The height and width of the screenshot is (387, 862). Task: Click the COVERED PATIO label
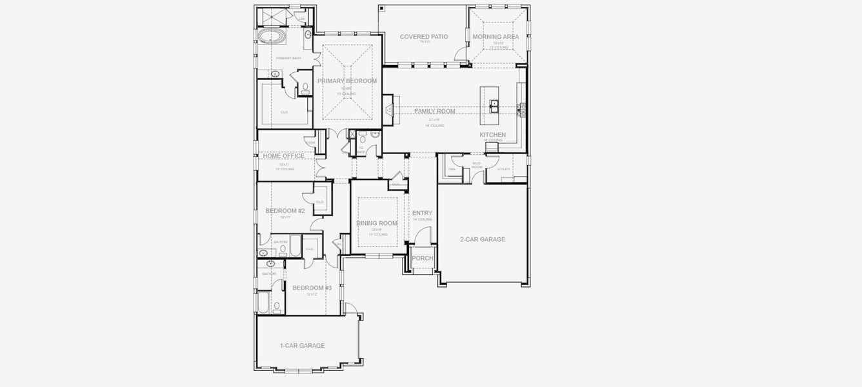click(423, 37)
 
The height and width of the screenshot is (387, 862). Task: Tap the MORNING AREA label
click(496, 37)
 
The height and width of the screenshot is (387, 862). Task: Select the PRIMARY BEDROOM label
click(347, 81)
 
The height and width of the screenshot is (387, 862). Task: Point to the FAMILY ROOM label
click(434, 112)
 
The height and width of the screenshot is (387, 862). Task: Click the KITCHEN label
click(492, 135)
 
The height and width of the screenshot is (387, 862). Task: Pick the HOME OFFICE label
click(283, 156)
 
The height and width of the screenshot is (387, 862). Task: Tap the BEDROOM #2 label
click(285, 211)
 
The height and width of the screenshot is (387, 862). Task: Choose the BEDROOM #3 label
click(312, 288)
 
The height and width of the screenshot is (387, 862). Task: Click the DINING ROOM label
click(377, 223)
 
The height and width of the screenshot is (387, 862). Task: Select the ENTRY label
click(423, 213)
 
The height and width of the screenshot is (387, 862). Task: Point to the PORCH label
click(423, 259)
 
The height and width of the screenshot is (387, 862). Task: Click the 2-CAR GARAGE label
click(483, 239)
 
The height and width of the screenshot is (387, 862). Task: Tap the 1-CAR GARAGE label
click(302, 346)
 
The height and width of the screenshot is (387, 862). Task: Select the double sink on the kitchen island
click(494, 104)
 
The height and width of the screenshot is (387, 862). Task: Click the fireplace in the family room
click(388, 111)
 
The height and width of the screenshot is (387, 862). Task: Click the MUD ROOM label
click(477, 165)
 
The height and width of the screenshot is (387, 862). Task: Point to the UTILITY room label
click(504, 170)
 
